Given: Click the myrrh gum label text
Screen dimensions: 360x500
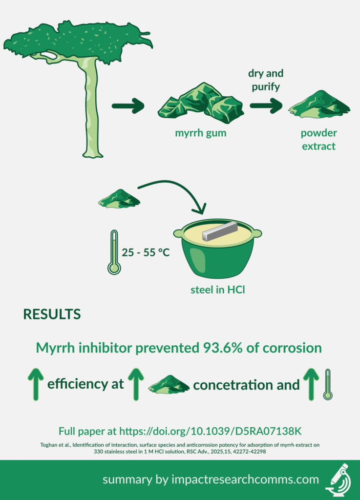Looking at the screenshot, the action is point(201,133).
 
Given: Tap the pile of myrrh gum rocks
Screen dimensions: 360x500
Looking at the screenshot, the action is point(201,103).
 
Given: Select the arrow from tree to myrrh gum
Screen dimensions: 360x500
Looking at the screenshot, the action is point(128,105).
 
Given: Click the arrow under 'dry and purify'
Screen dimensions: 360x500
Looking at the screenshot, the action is point(266,105).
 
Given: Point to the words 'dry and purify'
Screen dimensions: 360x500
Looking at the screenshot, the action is point(266,80).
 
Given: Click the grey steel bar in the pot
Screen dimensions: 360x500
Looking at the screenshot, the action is point(220,231).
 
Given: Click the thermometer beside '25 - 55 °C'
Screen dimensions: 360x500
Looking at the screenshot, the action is point(114,252).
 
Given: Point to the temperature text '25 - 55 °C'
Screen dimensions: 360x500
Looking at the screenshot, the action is point(146,252).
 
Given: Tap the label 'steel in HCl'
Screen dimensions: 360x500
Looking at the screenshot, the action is point(218,290).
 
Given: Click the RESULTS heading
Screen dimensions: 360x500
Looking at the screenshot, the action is point(52,314).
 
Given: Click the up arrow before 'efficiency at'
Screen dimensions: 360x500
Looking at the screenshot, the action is point(36,384).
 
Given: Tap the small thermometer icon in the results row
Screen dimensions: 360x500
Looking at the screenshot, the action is point(327,385).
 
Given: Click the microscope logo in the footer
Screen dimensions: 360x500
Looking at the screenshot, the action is point(338,480).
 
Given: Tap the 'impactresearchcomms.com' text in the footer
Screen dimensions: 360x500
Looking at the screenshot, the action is point(245,479).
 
